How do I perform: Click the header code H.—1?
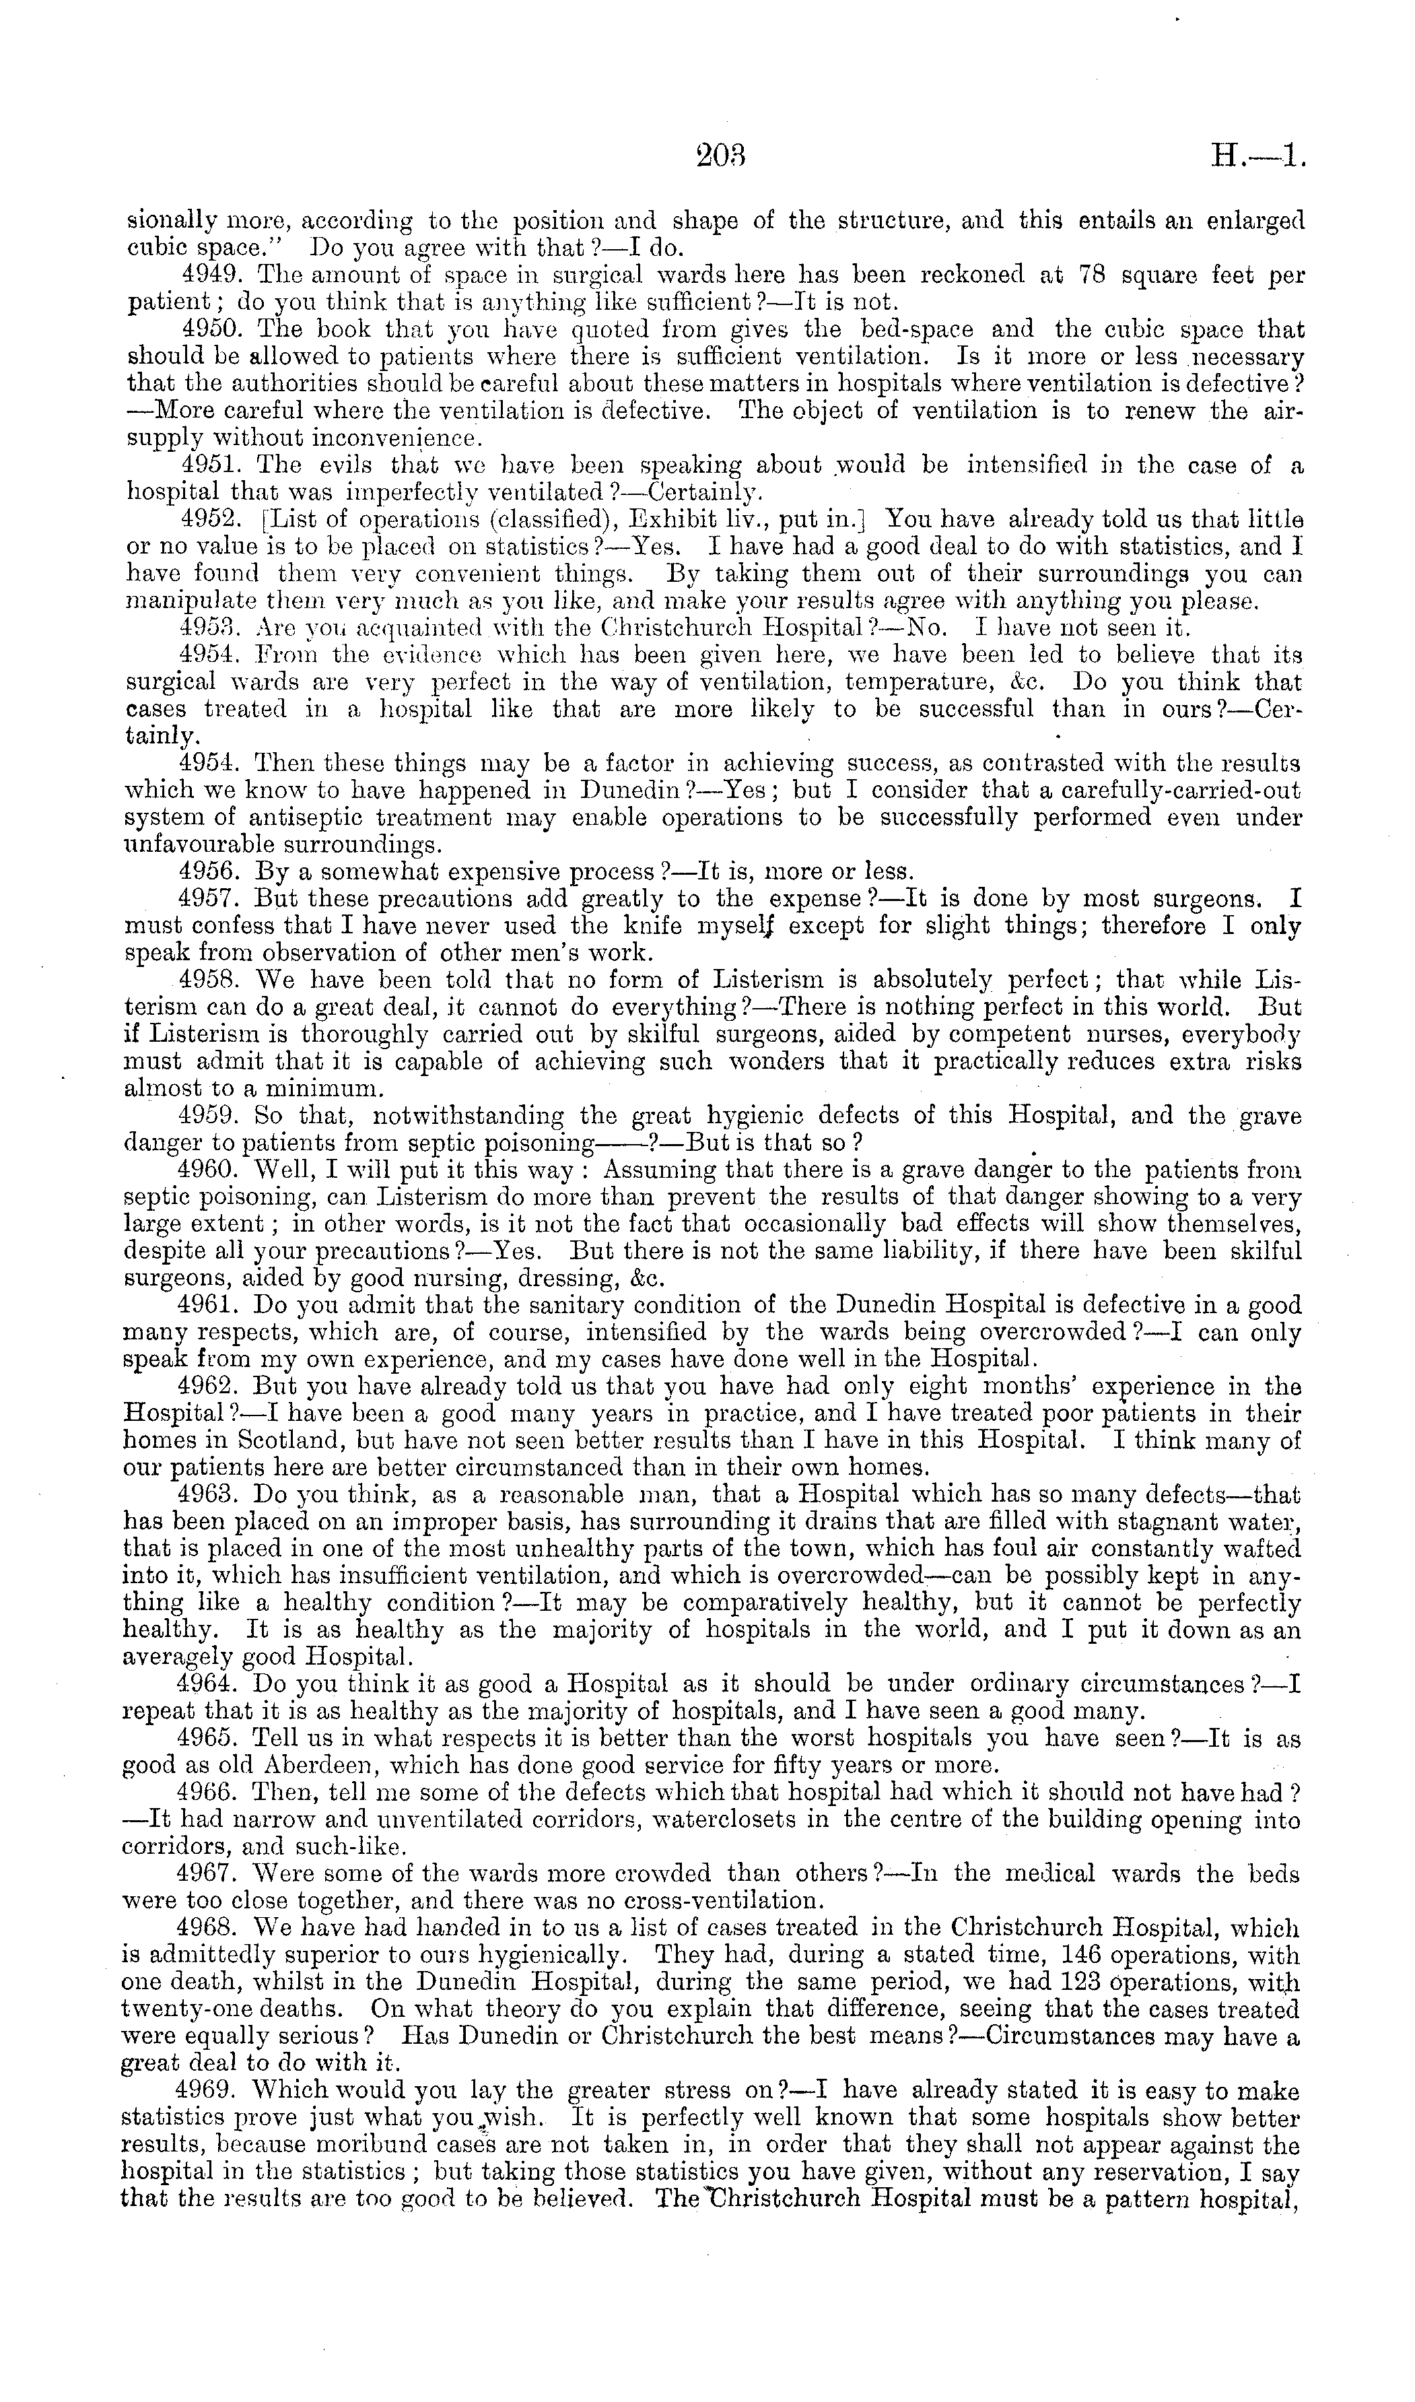[x=1255, y=156]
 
